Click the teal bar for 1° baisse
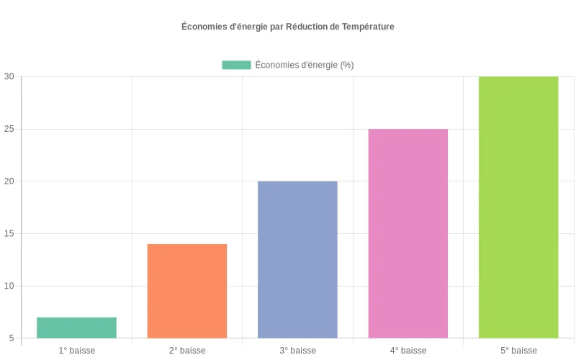76,328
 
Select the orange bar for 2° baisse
187,291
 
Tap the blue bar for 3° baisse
297,259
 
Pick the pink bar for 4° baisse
408,233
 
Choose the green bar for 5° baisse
518,207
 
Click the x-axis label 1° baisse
76,351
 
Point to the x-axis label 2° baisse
187,351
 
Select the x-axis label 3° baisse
297,351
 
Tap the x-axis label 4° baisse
408,351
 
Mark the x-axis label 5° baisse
518,351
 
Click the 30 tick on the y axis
9,77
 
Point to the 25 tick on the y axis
9,129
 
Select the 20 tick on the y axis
9,181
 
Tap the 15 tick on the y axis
9,234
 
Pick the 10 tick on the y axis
9,286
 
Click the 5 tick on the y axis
12,338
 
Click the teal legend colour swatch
236,65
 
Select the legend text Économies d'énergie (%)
305,65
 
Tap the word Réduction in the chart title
305,27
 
